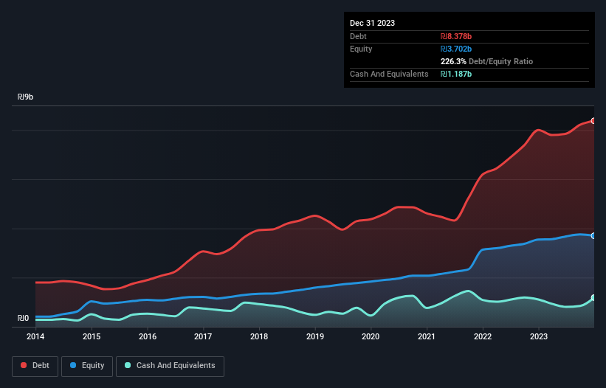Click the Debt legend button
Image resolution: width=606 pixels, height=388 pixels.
point(34,366)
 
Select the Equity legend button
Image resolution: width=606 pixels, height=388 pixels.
point(86,366)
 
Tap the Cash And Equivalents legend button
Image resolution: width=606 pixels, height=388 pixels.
point(170,366)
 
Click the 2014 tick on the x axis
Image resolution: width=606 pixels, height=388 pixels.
point(35,336)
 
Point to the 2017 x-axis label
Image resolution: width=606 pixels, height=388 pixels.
point(203,336)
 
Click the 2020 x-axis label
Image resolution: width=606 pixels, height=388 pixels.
point(371,336)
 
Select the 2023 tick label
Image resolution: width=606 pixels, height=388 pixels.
point(539,336)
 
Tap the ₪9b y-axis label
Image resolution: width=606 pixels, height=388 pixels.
point(26,97)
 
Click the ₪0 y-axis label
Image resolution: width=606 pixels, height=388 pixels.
point(24,319)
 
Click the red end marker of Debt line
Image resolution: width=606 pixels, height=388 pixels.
point(593,120)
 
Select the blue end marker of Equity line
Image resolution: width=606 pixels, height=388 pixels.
point(593,235)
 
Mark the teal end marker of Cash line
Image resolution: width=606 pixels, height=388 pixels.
point(593,297)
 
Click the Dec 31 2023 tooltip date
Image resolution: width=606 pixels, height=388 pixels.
point(373,23)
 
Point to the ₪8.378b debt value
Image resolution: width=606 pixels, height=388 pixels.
point(457,36)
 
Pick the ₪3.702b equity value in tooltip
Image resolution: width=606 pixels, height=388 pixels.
point(457,49)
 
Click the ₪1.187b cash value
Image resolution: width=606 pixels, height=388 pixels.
point(456,75)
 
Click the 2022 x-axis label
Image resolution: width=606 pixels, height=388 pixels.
point(483,336)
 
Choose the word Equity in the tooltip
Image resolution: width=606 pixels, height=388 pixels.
point(361,49)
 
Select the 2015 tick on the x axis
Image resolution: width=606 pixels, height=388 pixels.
point(92,336)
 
